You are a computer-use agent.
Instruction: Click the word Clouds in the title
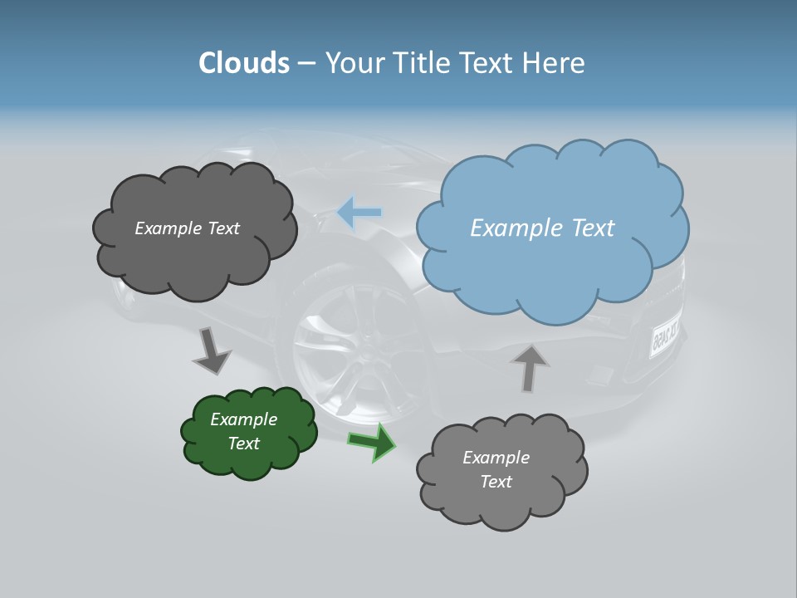click(x=244, y=63)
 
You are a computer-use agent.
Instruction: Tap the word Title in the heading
click(x=423, y=63)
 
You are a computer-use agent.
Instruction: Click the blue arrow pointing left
click(x=359, y=213)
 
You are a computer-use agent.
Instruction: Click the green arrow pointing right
click(x=372, y=441)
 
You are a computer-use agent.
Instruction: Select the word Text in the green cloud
click(x=244, y=444)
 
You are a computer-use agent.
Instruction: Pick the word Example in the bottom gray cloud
click(x=496, y=458)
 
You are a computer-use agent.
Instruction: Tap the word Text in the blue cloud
click(x=593, y=228)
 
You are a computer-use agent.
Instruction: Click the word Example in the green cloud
click(x=244, y=419)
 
